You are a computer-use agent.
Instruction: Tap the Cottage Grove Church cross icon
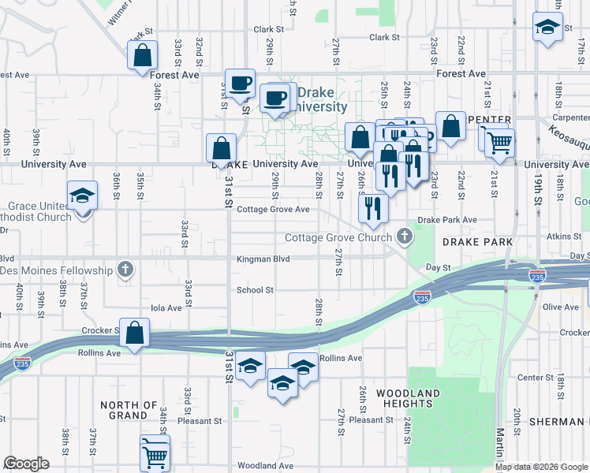click(x=405, y=236)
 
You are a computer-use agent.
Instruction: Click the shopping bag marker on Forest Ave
click(x=143, y=57)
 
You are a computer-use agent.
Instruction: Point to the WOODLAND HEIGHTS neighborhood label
click(x=408, y=398)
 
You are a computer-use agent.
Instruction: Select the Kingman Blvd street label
click(x=263, y=259)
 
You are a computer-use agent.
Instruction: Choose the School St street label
click(x=255, y=290)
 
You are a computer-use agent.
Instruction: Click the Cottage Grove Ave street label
click(x=273, y=210)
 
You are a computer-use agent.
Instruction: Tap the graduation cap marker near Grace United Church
click(x=82, y=197)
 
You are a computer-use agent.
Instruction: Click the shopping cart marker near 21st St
click(x=499, y=143)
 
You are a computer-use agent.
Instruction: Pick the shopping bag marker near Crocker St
click(x=135, y=333)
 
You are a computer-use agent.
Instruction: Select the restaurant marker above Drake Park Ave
click(x=373, y=207)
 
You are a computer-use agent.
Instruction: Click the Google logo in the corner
click(x=26, y=464)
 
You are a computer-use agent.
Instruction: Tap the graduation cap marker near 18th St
click(x=547, y=28)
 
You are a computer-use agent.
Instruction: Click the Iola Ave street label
click(x=166, y=308)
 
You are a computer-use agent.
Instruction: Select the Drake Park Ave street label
click(x=447, y=220)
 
